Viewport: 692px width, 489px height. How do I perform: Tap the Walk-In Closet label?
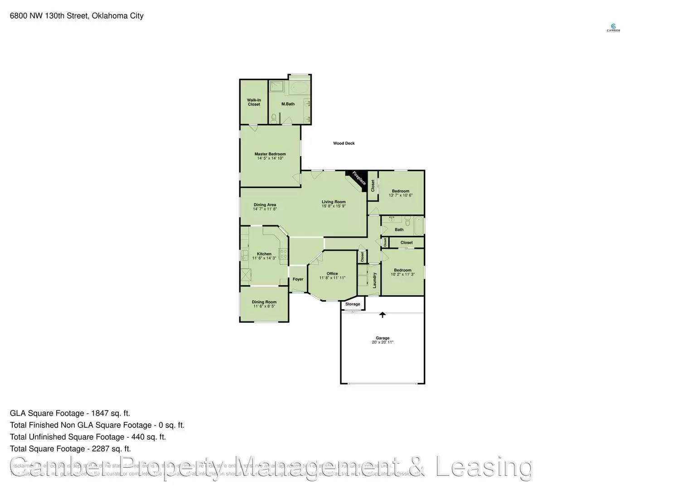click(x=254, y=102)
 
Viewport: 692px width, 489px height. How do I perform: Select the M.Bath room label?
click(x=288, y=104)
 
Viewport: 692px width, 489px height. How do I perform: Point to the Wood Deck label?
click(x=344, y=144)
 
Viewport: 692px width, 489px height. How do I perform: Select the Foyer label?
click(x=298, y=279)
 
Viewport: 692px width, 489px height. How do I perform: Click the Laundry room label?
click(x=375, y=280)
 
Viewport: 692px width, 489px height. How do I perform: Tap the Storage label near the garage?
click(x=353, y=304)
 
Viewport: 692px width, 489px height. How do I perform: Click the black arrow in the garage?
click(x=382, y=314)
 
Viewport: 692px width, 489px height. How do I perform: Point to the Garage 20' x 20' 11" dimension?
click(x=382, y=342)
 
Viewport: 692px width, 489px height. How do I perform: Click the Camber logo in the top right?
click(x=613, y=28)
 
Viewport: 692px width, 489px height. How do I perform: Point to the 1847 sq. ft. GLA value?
click(x=111, y=413)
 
